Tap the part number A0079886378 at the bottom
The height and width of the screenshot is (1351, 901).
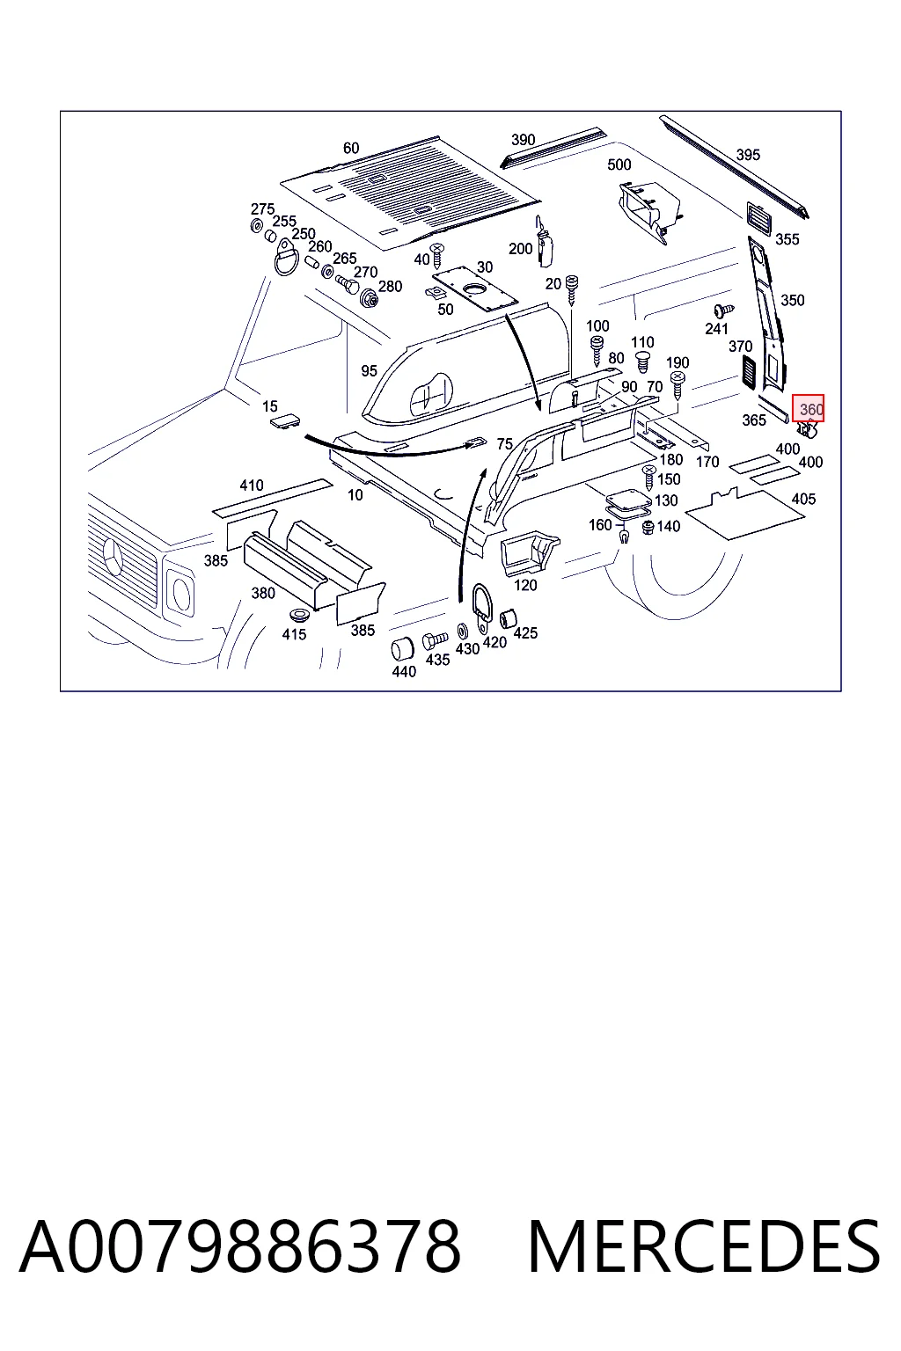point(240,1247)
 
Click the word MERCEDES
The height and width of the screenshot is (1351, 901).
point(704,1247)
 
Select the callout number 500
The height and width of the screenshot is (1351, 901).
point(619,164)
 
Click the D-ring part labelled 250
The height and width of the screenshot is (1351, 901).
point(286,257)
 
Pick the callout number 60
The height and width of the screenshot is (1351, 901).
point(350,148)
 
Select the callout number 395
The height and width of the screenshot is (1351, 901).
point(748,155)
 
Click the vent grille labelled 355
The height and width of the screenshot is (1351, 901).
point(759,217)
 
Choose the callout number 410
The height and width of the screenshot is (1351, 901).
point(252,485)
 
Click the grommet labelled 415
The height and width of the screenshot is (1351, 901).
point(297,616)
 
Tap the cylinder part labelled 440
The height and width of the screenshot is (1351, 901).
point(401,649)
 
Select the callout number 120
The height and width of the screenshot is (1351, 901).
point(525,584)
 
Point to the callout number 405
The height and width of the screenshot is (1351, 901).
point(803,499)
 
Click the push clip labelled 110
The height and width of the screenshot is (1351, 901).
point(643,361)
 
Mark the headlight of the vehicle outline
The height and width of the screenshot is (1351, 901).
point(180,590)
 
